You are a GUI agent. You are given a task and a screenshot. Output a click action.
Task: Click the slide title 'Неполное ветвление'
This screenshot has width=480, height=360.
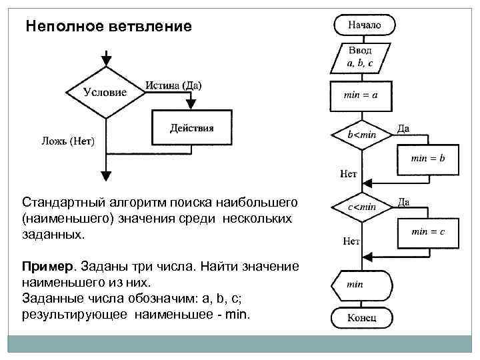click(x=109, y=27)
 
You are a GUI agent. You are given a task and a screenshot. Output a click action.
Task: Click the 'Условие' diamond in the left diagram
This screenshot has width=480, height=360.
click(x=105, y=93)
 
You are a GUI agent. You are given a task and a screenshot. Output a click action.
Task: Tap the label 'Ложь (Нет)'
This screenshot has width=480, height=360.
click(x=67, y=141)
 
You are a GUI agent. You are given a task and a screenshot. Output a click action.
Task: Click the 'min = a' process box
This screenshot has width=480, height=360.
click(x=361, y=95)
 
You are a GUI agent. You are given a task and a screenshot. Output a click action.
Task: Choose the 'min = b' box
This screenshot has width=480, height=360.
click(x=427, y=159)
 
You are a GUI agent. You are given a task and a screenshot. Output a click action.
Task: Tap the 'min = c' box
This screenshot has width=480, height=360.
click(x=427, y=231)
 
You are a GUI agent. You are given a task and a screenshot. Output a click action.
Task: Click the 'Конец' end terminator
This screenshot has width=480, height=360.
click(x=361, y=317)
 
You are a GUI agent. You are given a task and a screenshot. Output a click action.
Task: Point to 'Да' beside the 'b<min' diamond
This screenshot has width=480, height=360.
click(x=404, y=129)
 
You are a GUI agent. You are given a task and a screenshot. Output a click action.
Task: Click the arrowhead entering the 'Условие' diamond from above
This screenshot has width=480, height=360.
click(x=105, y=64)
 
